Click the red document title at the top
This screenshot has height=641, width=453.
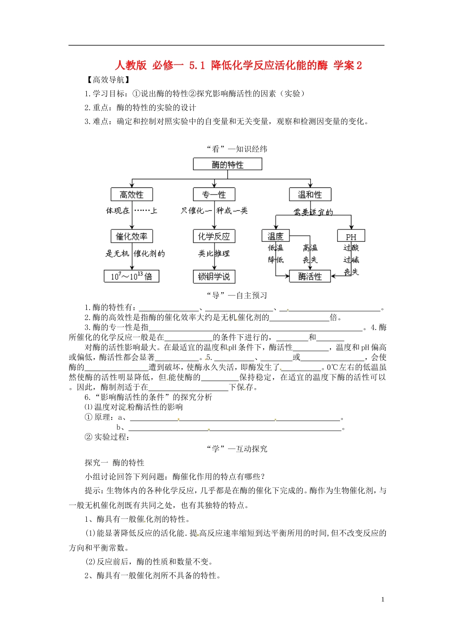click(x=238, y=65)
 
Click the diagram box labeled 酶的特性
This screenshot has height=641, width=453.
click(x=227, y=165)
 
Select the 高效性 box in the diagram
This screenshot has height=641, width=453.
click(x=131, y=195)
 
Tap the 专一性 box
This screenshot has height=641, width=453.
click(x=214, y=195)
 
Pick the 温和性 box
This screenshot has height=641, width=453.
click(x=310, y=195)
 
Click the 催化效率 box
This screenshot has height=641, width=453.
click(x=132, y=236)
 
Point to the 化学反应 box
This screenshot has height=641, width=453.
click(x=214, y=236)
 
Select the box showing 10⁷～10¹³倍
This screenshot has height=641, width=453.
click(x=132, y=276)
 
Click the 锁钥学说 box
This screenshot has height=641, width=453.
click(x=214, y=277)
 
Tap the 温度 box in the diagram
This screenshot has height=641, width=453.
click(x=275, y=236)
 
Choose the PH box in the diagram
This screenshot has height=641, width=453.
click(x=351, y=237)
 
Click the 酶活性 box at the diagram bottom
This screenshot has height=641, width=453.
click(x=310, y=277)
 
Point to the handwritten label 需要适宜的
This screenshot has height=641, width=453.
click(x=313, y=212)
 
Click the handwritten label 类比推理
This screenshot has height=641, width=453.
click(x=214, y=254)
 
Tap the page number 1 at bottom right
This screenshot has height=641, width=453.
click(x=383, y=600)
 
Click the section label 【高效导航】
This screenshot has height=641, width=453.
click(x=107, y=80)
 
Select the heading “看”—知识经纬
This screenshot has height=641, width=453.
click(x=237, y=149)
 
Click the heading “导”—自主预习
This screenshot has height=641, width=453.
click(x=237, y=295)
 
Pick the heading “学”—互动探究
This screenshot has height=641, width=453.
click(x=237, y=449)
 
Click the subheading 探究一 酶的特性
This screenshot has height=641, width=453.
click(x=114, y=463)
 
